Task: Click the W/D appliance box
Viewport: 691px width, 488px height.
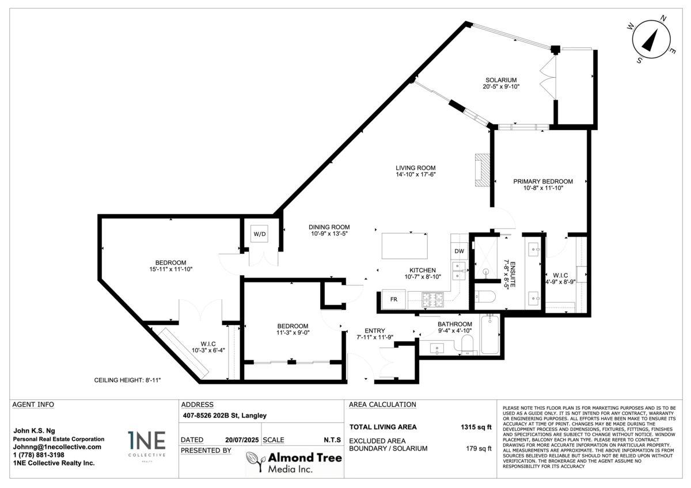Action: [x=260, y=234]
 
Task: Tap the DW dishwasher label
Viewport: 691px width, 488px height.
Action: [x=460, y=251]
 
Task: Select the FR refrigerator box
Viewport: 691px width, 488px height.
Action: [x=394, y=299]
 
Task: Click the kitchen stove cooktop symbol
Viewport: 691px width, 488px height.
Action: [x=433, y=300]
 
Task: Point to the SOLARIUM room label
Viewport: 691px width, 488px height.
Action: [x=501, y=80]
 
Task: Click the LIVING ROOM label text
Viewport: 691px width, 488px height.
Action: [x=416, y=167]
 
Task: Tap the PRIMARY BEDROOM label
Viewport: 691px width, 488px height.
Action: [x=543, y=181]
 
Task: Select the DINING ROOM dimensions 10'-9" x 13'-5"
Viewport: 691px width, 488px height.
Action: [x=329, y=234]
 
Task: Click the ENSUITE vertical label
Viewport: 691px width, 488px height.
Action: [x=512, y=274]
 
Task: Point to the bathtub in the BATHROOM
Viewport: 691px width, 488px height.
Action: [x=490, y=334]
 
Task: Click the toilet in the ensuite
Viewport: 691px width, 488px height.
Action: [x=485, y=297]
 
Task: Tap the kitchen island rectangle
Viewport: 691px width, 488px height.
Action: [x=404, y=246]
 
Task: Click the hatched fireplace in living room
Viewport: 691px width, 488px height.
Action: [x=483, y=170]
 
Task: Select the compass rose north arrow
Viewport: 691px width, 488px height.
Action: [x=650, y=40]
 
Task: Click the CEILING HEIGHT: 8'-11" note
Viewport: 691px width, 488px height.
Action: [x=127, y=380]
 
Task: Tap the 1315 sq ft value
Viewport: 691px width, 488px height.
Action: [x=476, y=427]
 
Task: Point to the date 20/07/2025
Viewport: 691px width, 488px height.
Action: [x=242, y=440]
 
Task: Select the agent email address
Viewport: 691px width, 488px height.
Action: [x=57, y=447]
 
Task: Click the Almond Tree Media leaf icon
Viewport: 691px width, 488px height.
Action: [x=256, y=462]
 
